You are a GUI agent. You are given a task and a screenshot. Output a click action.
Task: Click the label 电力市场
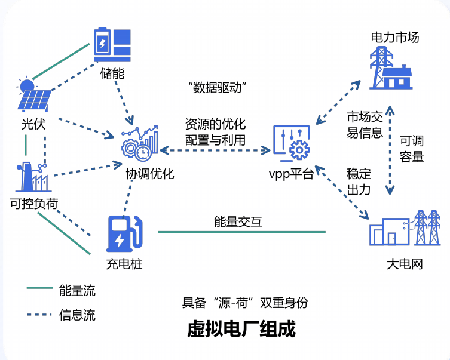[x=395, y=38]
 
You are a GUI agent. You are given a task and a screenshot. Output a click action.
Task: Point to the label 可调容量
[x=412, y=149]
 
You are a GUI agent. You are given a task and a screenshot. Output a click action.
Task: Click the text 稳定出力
[x=359, y=182]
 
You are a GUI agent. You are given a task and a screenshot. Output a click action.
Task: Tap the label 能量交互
[x=238, y=222]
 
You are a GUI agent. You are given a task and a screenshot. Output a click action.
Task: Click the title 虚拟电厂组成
[x=241, y=329]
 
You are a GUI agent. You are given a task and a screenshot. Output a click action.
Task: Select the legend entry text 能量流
[x=77, y=291]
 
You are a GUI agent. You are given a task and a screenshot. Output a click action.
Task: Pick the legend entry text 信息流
[x=77, y=315]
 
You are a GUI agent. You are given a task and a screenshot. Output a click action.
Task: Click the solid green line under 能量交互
[x=241, y=232]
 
